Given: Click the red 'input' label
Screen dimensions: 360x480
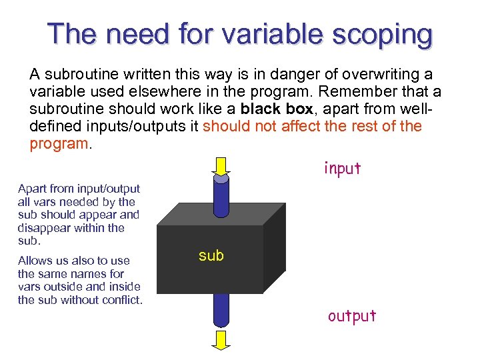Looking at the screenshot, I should click(x=342, y=169).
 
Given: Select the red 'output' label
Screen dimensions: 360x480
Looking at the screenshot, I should click(x=352, y=315).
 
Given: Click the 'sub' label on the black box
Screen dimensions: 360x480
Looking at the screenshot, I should click(x=211, y=255).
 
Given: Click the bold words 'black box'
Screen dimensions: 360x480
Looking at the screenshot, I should click(x=277, y=109).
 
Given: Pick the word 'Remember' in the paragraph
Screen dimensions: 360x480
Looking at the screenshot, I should click(x=355, y=91).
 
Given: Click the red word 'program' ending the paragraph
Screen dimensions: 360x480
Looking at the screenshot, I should click(x=58, y=144).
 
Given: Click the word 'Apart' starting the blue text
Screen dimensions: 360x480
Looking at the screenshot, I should click(x=32, y=189).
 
